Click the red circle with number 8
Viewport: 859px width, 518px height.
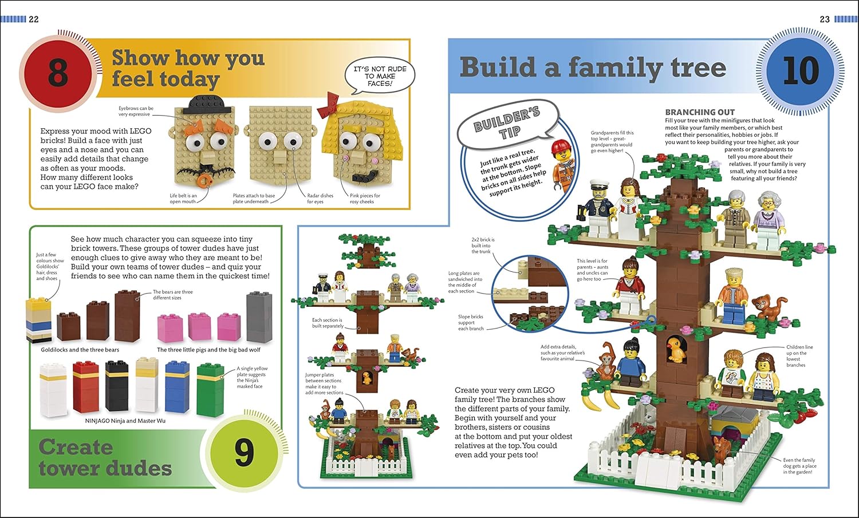[x=58, y=73]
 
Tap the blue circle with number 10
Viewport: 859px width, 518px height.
[x=801, y=71]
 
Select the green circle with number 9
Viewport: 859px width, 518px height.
[x=244, y=452]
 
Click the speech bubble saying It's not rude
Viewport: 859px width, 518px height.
[x=380, y=76]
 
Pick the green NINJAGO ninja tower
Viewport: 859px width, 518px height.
[x=210, y=389]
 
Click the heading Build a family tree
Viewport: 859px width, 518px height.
[x=593, y=68]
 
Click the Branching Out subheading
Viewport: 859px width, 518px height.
[x=700, y=113]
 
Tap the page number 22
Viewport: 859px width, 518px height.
[x=34, y=19]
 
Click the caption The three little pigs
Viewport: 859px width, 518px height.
[x=208, y=350]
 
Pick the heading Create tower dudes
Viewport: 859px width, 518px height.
[x=105, y=457]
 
